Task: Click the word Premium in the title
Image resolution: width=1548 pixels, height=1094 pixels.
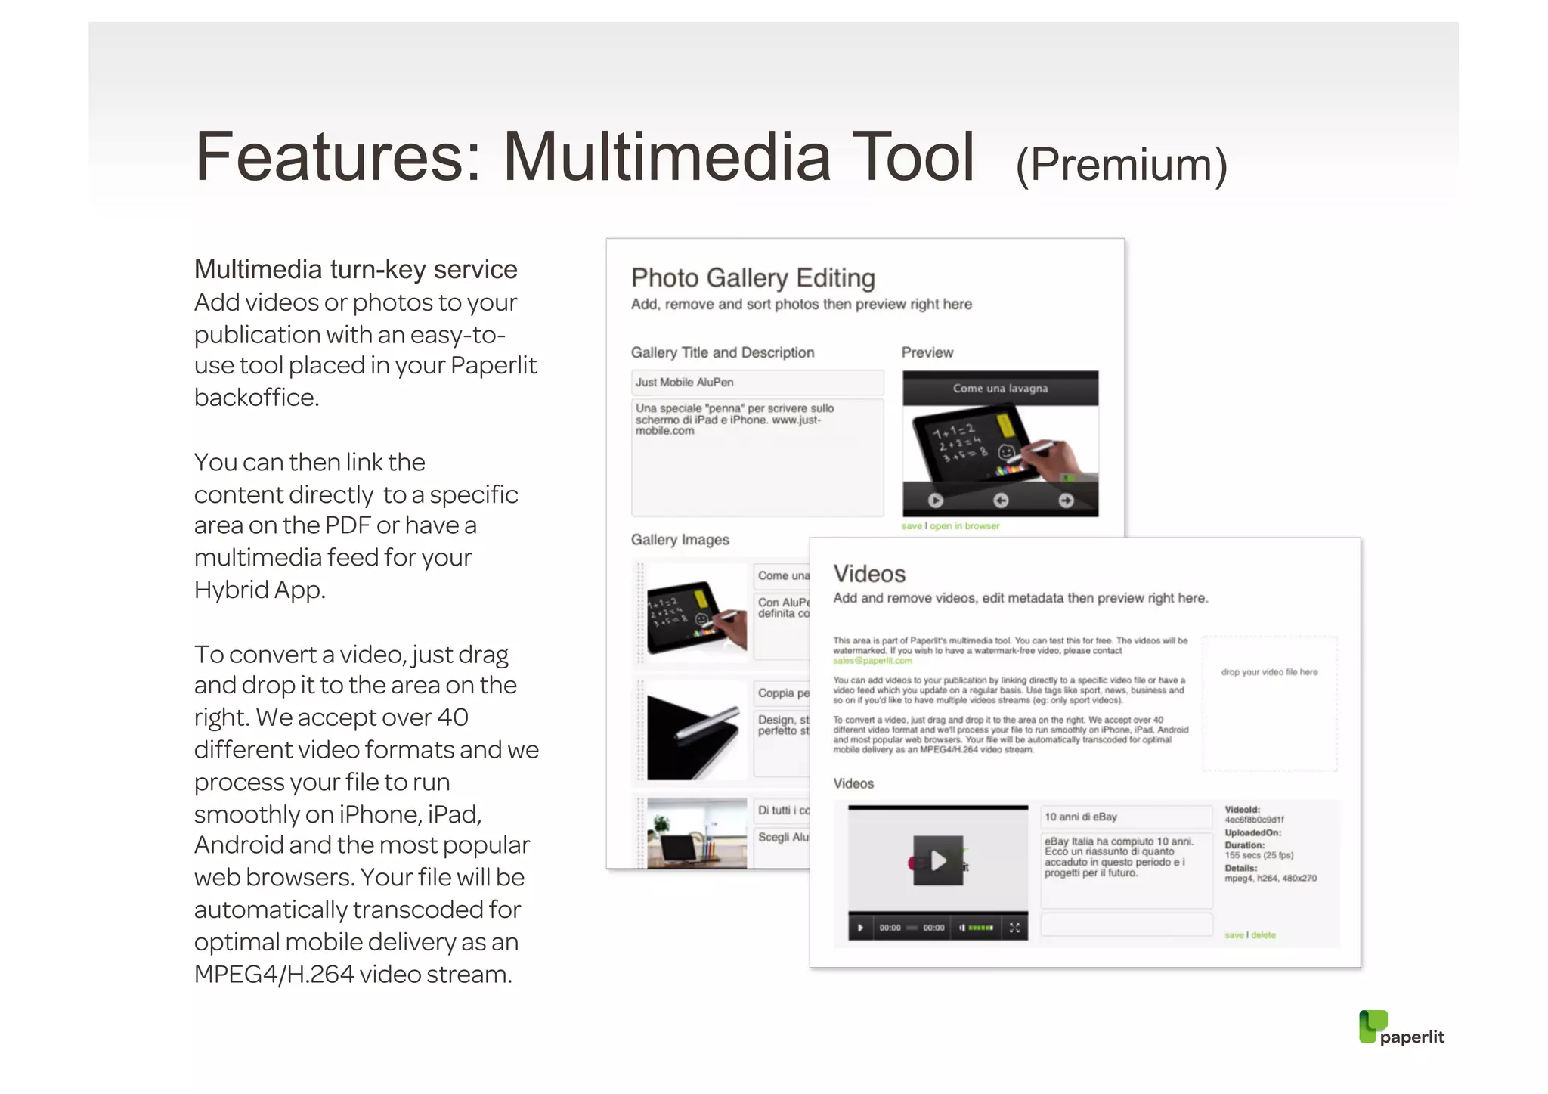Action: pos(1122,164)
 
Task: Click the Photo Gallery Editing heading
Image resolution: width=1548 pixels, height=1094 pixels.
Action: pos(753,278)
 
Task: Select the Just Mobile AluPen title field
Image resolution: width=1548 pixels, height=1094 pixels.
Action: pos(757,383)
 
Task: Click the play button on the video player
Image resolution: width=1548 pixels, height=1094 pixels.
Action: pos(938,860)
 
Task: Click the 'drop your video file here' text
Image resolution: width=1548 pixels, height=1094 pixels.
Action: pos(1269,672)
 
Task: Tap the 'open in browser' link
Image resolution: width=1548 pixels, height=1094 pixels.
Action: pos(964,526)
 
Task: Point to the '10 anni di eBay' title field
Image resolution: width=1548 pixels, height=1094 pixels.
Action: pos(1125,817)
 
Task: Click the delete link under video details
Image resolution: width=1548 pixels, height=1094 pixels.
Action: pos(1263,935)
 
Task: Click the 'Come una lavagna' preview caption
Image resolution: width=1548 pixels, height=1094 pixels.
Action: pos(1000,389)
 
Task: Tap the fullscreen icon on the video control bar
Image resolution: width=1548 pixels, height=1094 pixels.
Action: pos(1014,928)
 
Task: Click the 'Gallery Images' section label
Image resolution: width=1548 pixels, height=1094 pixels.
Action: pos(680,540)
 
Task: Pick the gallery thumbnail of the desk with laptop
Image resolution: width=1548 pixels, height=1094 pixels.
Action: pos(696,833)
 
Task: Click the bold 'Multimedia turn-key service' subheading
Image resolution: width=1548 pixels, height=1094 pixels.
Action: pos(355,270)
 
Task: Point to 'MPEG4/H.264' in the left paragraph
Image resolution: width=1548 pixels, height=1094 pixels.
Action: pos(274,975)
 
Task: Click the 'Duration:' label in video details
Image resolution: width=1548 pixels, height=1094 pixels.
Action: pos(1244,845)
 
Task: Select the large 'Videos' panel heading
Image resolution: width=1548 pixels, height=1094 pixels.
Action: pos(869,574)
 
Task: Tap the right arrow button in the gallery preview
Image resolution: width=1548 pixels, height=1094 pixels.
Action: pos(1066,501)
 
